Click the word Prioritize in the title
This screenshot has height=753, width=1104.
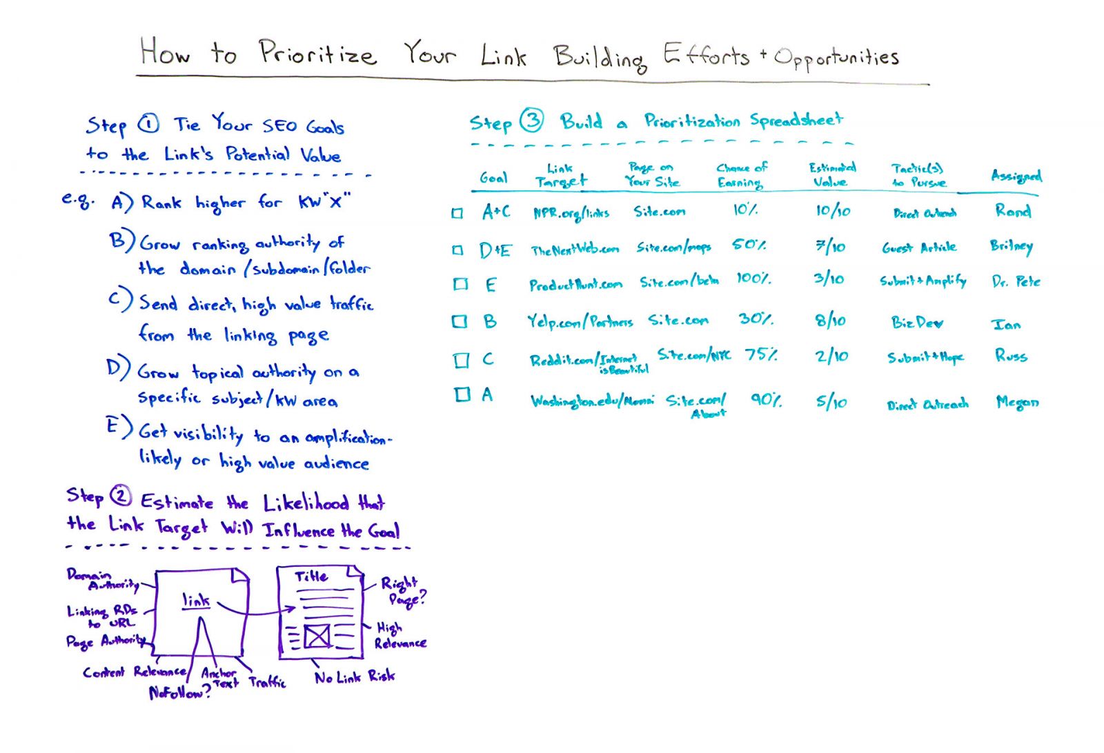(317, 54)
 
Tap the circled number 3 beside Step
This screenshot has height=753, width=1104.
(531, 121)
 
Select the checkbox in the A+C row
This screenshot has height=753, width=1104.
(457, 213)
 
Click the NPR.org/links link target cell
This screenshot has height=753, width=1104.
(571, 213)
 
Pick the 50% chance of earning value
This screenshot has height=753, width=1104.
(749, 245)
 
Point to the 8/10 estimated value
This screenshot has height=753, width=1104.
(829, 321)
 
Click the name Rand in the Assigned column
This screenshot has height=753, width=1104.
(1012, 211)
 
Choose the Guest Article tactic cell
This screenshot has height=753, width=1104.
(919, 248)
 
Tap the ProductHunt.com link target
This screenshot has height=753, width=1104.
(575, 284)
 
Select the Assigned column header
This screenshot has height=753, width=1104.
(1016, 176)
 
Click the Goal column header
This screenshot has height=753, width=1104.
(493, 178)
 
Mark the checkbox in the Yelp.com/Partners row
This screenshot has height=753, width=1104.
(459, 321)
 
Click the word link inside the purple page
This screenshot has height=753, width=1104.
(196, 601)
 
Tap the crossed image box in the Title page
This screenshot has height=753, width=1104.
(317, 636)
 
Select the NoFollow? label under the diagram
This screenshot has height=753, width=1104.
(179, 692)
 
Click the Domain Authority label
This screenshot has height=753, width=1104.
(102, 579)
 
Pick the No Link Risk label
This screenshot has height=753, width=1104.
(355, 677)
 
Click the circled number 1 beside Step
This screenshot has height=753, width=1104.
(148, 124)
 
